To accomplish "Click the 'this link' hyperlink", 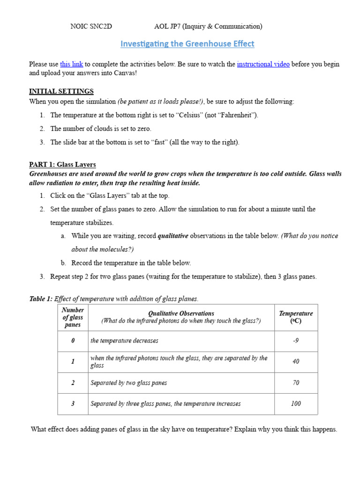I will point(72,64).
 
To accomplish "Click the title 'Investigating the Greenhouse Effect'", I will point(187,44).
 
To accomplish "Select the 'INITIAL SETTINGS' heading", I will point(61,91).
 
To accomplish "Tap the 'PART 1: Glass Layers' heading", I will point(62,165).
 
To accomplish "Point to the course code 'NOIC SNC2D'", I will point(91,27).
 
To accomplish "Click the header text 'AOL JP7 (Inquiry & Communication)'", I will point(208,27).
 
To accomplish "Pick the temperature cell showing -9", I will point(296,341).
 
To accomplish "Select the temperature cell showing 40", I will point(296,361).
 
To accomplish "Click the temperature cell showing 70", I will point(296,383).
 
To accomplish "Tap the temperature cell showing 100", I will point(296,404).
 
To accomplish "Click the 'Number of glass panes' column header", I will point(73,317).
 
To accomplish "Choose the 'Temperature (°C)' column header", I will point(296,317).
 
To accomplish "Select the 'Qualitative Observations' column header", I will point(181,314).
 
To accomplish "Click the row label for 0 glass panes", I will point(73,341).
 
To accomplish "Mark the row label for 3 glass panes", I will point(73,404).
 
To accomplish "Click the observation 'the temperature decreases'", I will point(124,341).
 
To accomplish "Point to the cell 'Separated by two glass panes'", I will point(128,383).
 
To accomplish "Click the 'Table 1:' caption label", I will point(41,299).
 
